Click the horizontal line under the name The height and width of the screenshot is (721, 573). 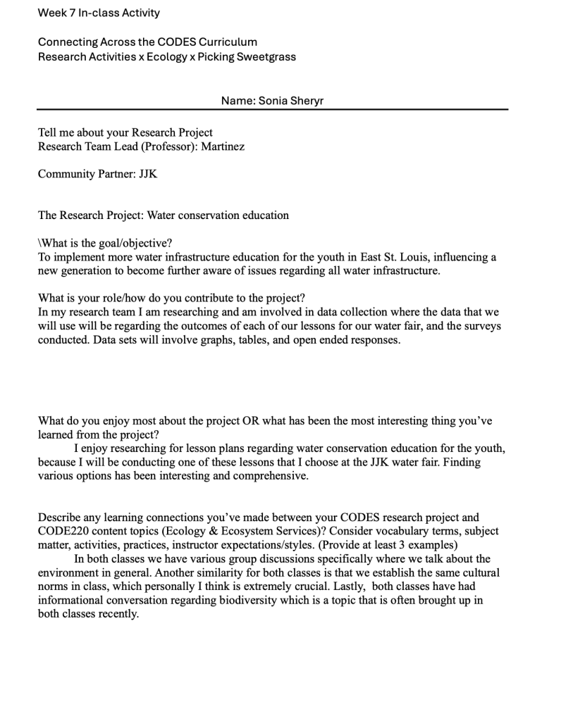point(272,109)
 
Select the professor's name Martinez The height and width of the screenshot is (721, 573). point(223,146)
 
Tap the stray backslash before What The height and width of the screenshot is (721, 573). point(39,244)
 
